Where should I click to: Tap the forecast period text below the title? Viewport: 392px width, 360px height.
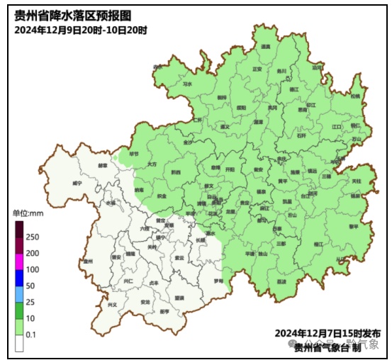pos(80,30)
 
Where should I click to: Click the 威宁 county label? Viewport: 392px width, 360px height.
pos(77,183)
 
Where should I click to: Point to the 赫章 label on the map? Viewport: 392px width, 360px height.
pos(103,166)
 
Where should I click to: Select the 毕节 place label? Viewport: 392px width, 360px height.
pos(134,153)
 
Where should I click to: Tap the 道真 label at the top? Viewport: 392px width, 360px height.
pos(266,46)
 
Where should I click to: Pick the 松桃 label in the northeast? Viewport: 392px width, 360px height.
pos(354,96)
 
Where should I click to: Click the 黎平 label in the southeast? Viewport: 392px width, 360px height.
pos(353,227)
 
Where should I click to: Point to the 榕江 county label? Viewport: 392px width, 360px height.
pos(318,243)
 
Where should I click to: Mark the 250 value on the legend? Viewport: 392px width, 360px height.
pos(32,237)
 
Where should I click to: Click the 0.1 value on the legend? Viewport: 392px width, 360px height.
pos(31,334)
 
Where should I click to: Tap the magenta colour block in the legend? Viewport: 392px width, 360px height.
pos(20,269)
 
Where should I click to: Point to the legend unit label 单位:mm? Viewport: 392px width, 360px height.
pos(28,213)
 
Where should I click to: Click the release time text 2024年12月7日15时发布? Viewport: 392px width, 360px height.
pos(329,332)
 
